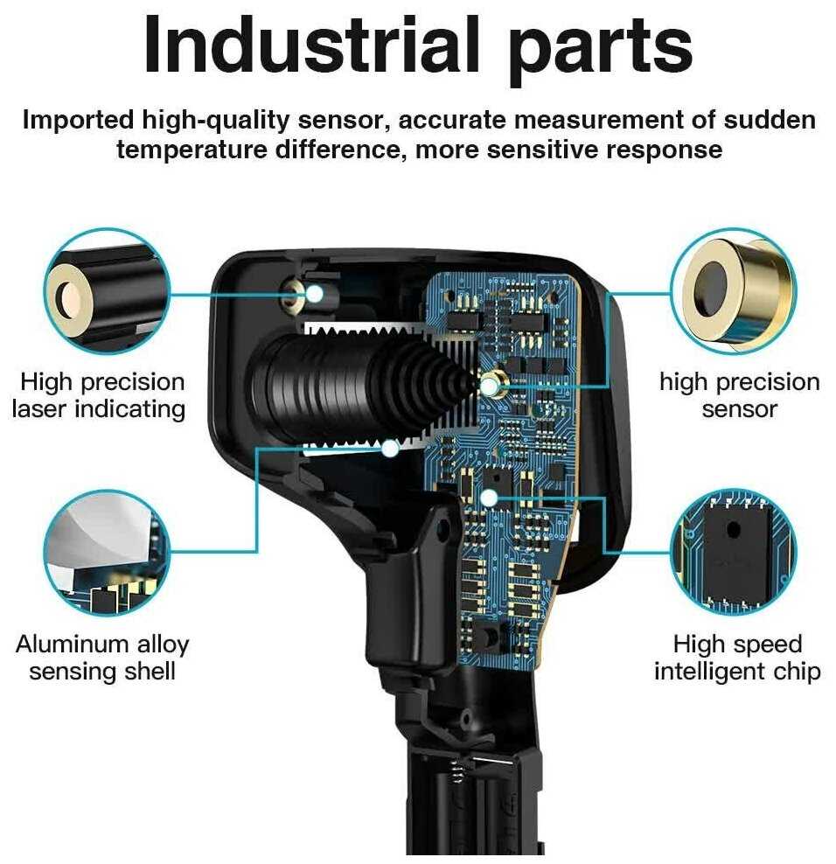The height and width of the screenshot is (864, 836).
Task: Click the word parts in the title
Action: coord(600,51)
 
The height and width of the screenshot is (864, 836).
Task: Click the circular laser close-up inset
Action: coord(107,290)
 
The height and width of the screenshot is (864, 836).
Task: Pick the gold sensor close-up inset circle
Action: coord(734,291)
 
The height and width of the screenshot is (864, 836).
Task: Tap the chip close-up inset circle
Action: coord(734,552)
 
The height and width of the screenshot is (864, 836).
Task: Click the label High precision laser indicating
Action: coord(99,396)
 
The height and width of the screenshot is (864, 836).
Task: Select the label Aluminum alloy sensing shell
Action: coord(102,658)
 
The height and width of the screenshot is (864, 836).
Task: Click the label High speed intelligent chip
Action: coord(737,658)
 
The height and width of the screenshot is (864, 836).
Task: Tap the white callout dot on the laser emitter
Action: coord(314,294)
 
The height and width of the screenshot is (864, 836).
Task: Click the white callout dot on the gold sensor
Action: coord(490,387)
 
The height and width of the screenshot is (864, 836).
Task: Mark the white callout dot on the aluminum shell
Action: coord(390,449)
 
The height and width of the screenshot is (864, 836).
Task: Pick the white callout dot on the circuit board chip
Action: coord(488,498)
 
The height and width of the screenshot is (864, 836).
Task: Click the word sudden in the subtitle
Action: coord(770,120)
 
